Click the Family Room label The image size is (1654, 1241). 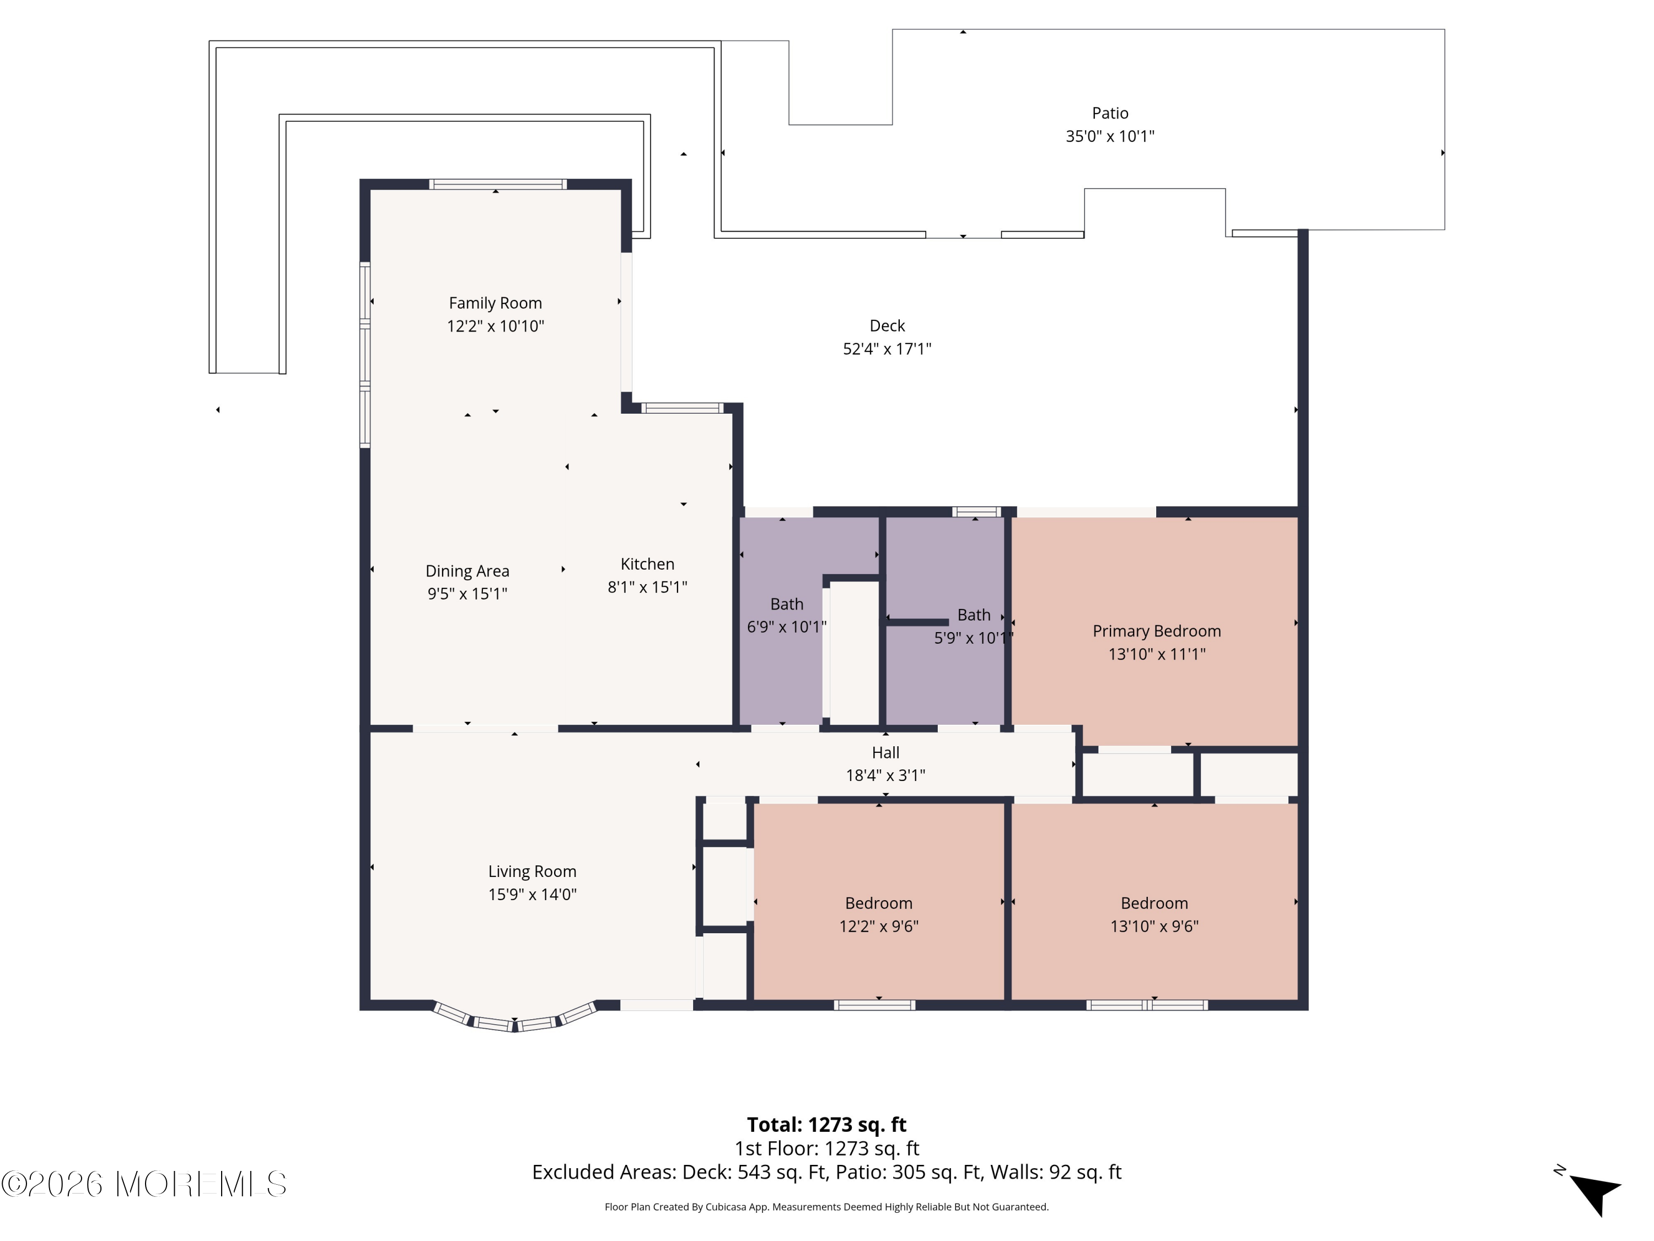pos(495,303)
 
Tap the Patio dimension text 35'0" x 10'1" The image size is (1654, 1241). pos(1110,136)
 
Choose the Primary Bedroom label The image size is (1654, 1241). pos(1156,632)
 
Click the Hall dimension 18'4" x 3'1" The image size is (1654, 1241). pos(885,775)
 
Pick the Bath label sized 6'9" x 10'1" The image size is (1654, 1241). pos(787,605)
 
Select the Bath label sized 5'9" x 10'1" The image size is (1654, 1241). pos(974,615)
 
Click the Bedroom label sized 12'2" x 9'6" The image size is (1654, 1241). pos(879,903)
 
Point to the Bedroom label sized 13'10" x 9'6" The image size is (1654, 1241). pos(1154,903)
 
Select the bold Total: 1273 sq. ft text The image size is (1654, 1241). pos(826,1124)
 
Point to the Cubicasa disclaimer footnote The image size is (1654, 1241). pos(826,1207)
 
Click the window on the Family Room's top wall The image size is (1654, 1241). pos(497,184)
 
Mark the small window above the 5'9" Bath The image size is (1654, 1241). pos(976,512)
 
